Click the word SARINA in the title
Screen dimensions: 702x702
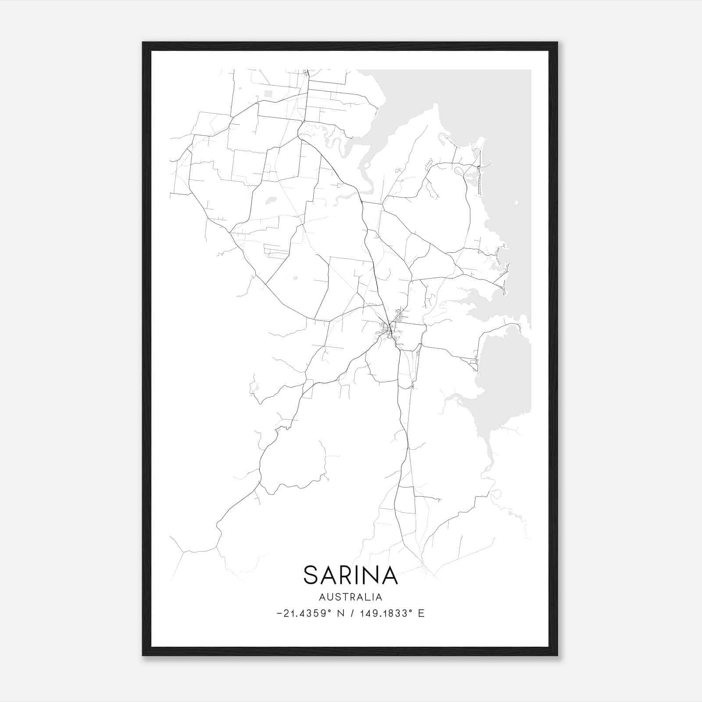click(x=350, y=575)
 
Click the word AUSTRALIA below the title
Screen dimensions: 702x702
click(x=350, y=597)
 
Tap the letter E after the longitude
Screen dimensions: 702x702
click(x=421, y=613)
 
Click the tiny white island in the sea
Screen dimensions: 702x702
click(x=516, y=203)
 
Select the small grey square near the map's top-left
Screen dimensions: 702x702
click(x=268, y=93)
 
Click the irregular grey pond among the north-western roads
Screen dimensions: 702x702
click(x=270, y=201)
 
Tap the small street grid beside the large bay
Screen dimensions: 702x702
click(x=473, y=362)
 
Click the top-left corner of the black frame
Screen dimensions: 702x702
click(x=143, y=43)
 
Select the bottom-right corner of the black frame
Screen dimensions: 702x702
click(x=557, y=655)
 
